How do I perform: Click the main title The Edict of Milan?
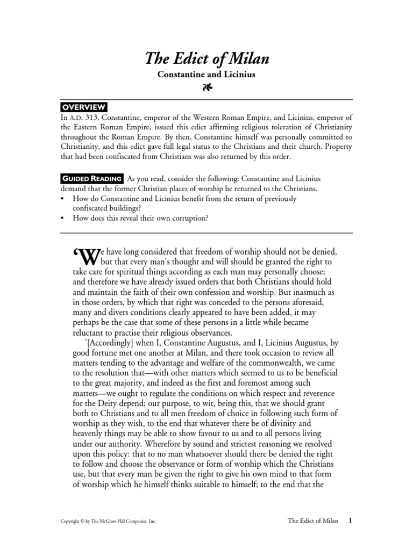206,59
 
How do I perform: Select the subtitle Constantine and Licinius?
206,75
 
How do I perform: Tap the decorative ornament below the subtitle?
206,88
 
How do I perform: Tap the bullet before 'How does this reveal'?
63,218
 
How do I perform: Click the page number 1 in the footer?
350,520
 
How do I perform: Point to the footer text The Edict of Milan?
313,521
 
